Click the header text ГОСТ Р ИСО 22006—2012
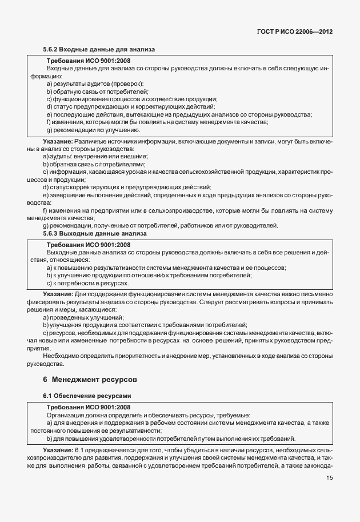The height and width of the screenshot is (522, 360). click(294, 31)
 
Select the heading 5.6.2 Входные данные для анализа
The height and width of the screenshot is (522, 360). click(98, 50)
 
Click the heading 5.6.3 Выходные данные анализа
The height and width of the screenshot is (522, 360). click(95, 233)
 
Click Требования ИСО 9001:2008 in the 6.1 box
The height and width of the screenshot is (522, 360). click(89, 407)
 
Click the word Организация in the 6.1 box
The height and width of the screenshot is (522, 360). click(67, 415)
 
